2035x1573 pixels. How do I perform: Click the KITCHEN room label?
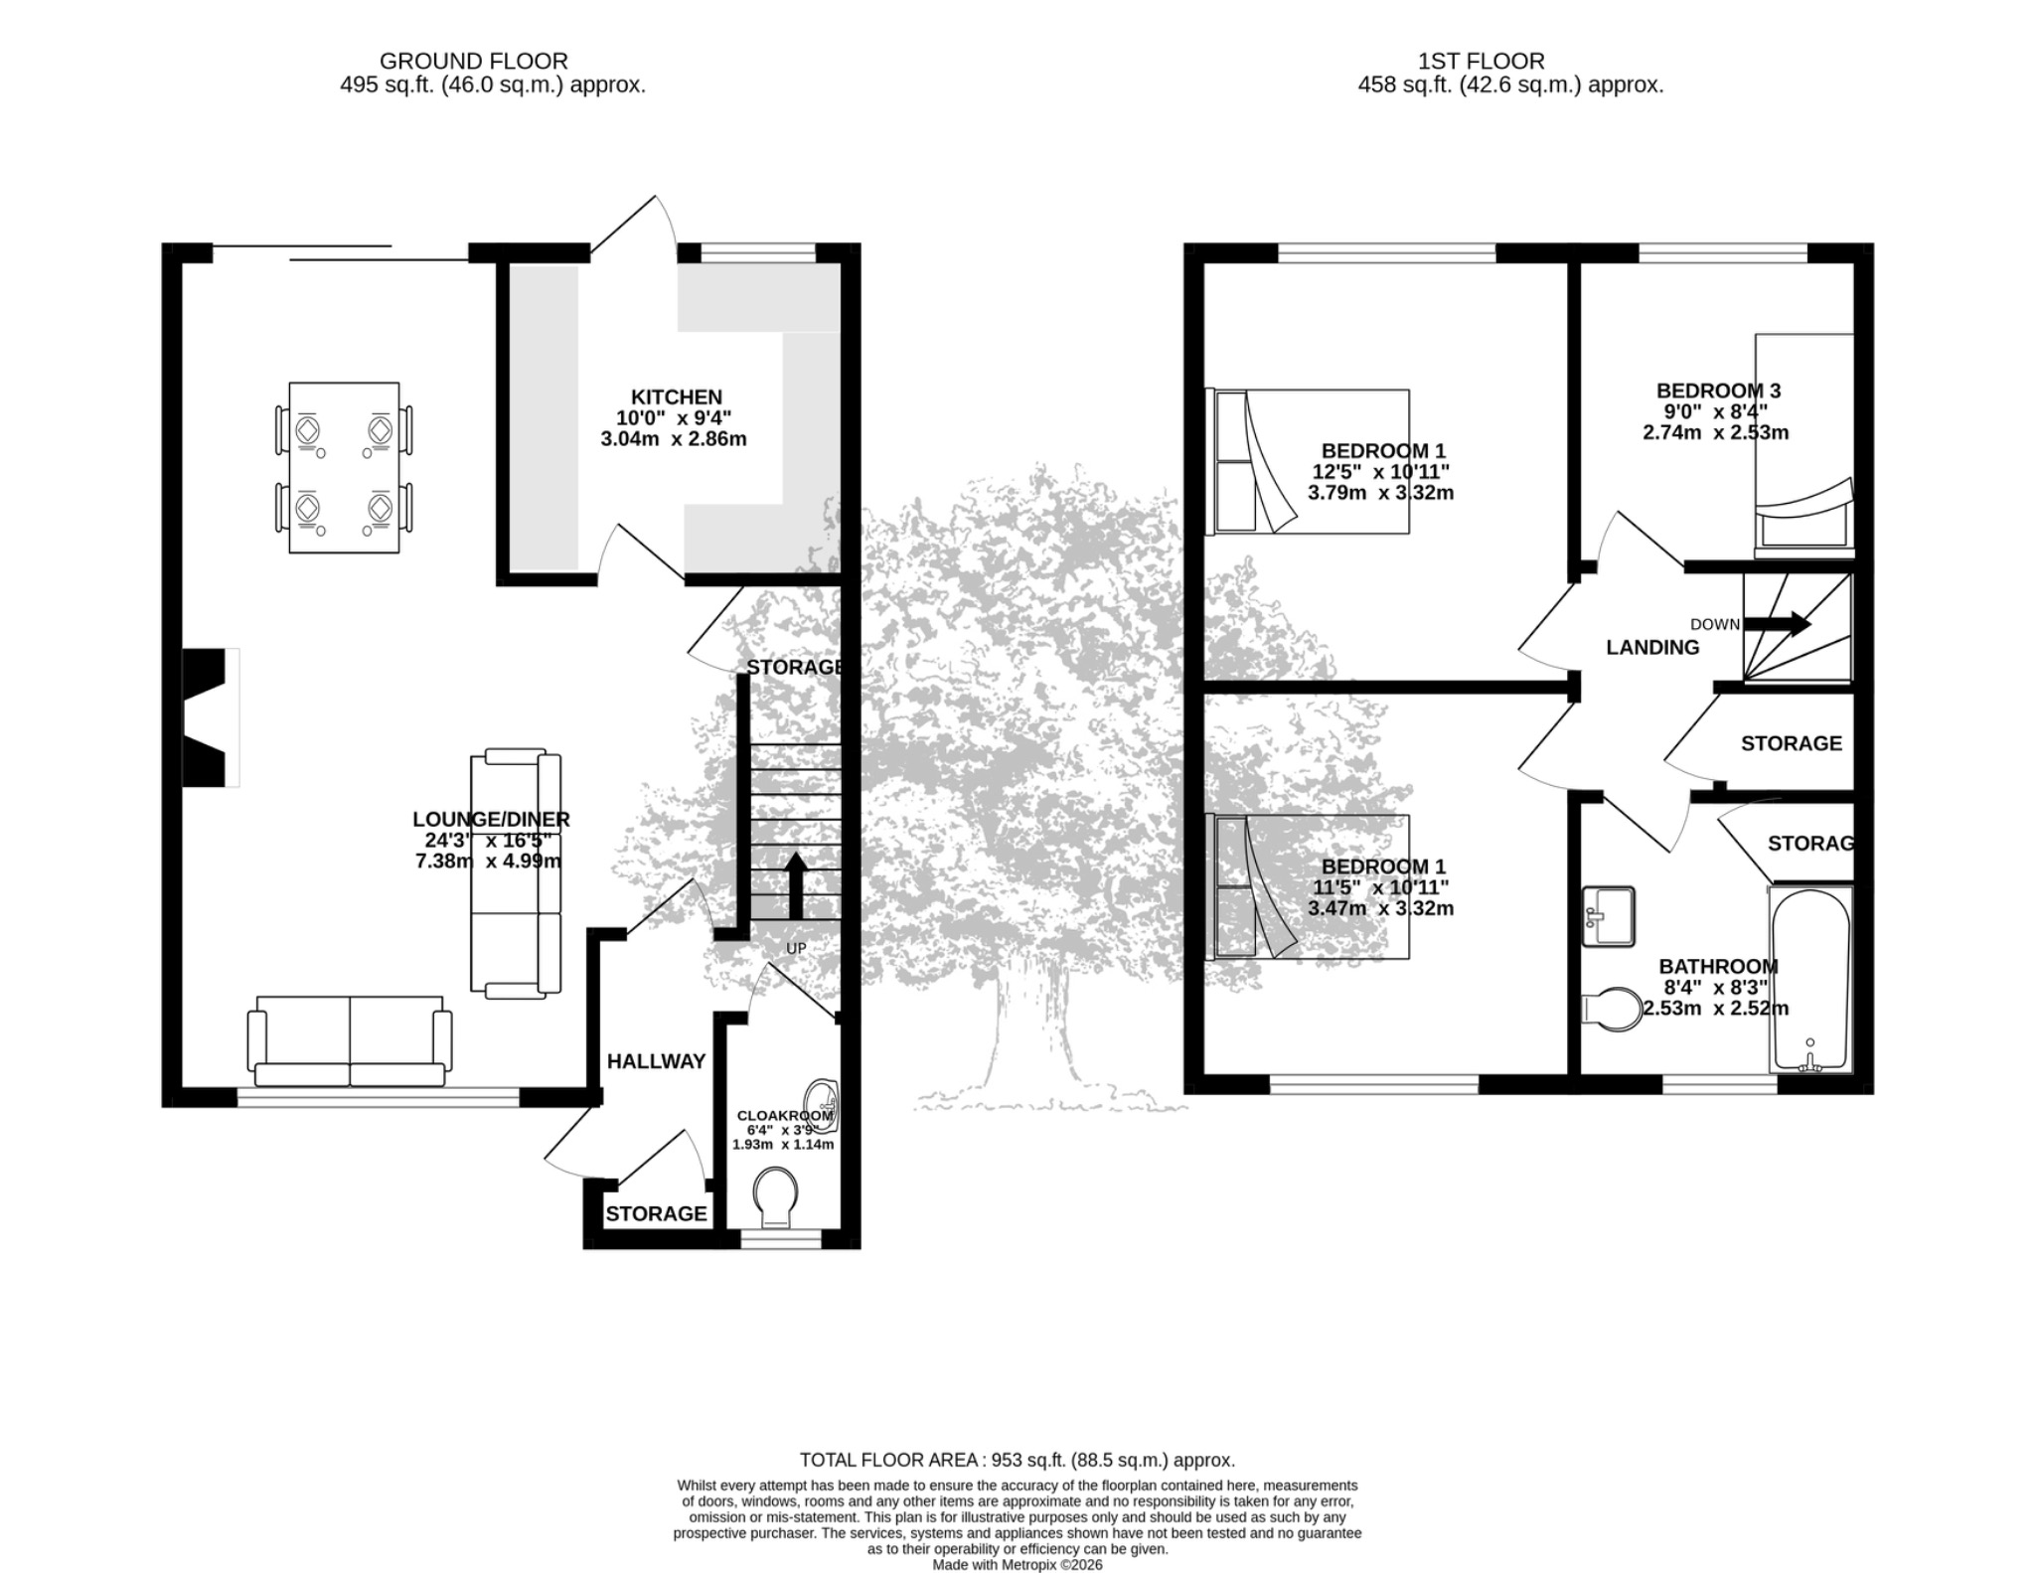[676, 397]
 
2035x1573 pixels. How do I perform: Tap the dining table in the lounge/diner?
[344, 467]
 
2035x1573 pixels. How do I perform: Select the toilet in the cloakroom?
[775, 1196]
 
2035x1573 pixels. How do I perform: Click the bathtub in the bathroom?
[1810, 980]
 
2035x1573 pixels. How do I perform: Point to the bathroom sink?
[1609, 915]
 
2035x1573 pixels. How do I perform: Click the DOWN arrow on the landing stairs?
[1778, 624]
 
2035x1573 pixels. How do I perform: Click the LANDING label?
[1652, 648]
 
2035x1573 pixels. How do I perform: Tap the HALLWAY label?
[656, 1061]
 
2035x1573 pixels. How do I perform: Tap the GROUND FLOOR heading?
[474, 62]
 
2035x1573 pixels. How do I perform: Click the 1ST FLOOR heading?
[1481, 62]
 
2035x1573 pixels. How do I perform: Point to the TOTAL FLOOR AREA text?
[1017, 1460]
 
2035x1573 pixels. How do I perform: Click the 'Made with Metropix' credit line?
[1017, 1565]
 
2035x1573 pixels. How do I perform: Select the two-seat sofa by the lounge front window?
[350, 1041]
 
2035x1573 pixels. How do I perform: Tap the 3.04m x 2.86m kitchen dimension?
[674, 439]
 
